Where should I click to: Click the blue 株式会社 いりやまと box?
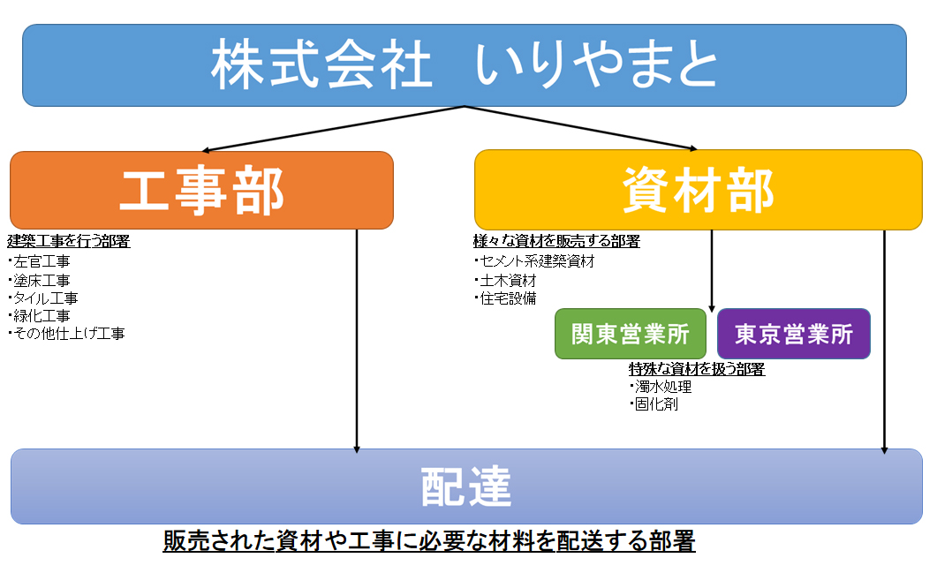point(465,65)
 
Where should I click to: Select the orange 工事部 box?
point(201,190)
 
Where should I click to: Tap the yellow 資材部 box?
point(698,190)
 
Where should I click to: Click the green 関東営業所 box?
point(631,334)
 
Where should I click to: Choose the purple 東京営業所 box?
point(794,334)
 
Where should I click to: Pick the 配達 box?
point(466,486)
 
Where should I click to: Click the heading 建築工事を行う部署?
point(69,241)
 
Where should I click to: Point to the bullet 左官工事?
point(40,261)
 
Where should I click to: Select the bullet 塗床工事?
point(40,280)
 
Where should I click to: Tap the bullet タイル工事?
point(43,298)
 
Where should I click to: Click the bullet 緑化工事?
point(40,315)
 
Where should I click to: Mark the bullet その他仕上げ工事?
point(67,334)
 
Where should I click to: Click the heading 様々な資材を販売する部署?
point(556,241)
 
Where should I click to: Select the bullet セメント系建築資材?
point(535,261)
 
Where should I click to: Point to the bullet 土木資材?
point(505,280)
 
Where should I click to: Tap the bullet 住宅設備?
point(505,298)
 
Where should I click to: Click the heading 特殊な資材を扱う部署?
point(697,369)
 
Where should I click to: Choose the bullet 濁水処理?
point(661,387)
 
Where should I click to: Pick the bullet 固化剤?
point(654,403)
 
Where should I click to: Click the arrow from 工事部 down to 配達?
point(357,341)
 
